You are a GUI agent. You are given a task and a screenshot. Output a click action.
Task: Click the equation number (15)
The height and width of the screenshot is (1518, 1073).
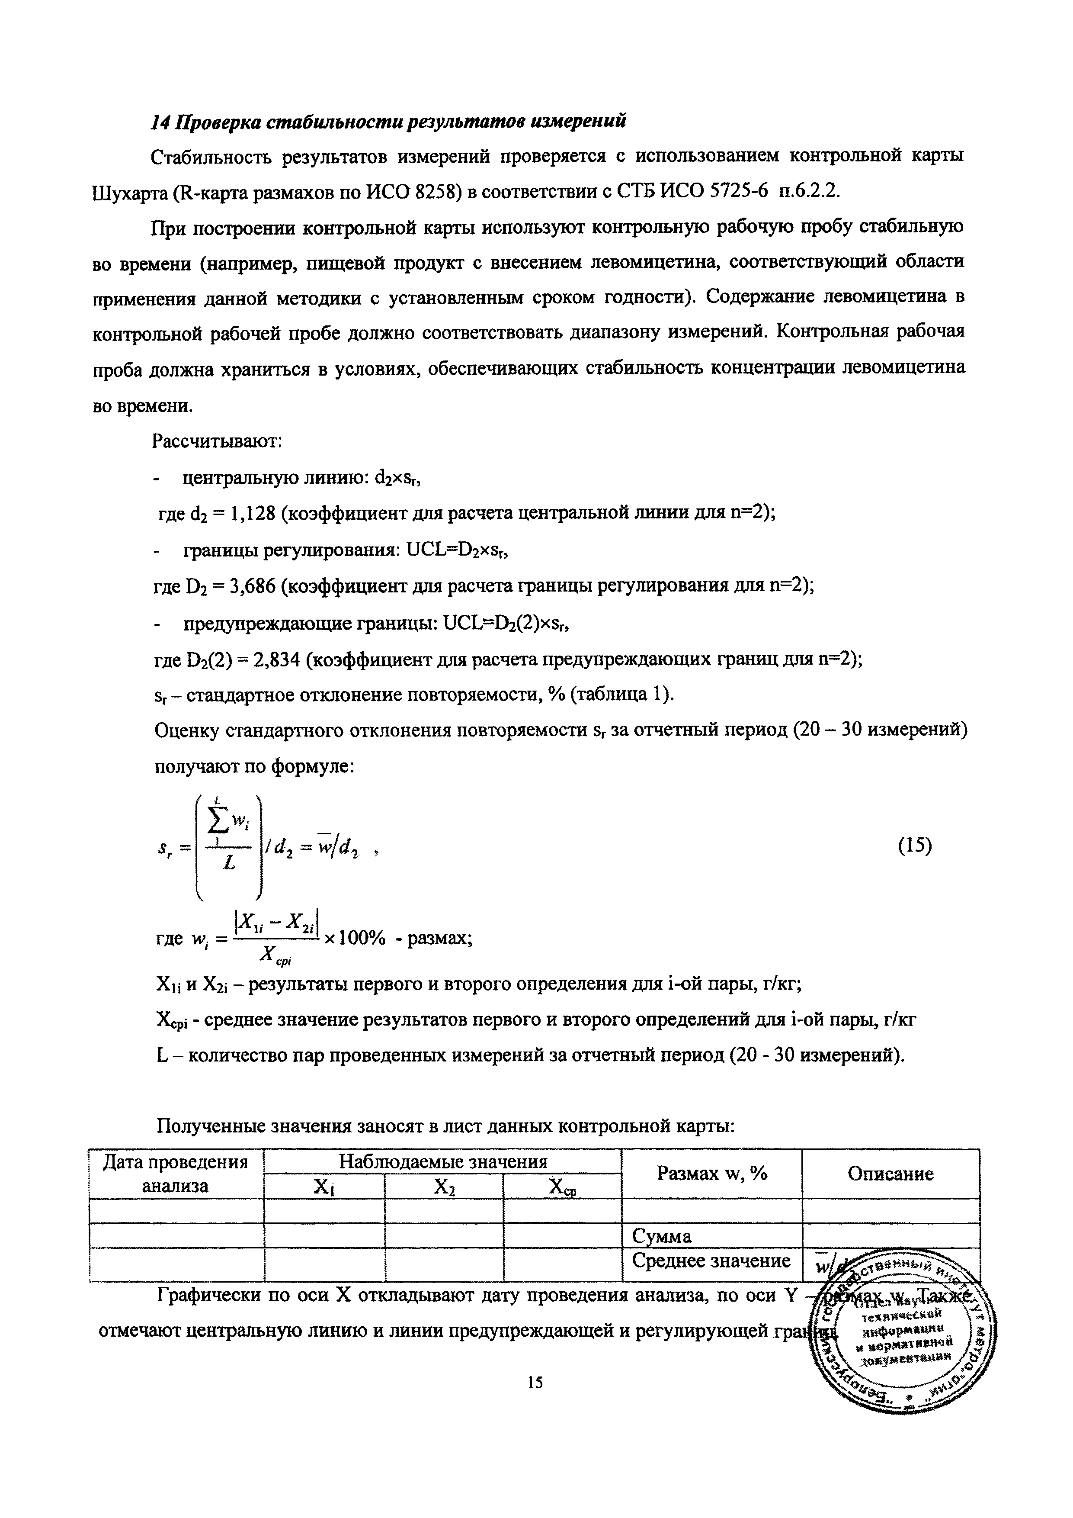[x=914, y=846]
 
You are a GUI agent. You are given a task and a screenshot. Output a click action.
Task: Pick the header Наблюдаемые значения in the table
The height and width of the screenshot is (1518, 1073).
[x=443, y=1161]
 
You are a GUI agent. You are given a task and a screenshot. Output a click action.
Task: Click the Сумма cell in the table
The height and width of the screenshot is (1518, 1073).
[x=662, y=1236]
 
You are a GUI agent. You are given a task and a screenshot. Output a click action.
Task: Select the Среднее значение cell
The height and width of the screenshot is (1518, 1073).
[x=711, y=1261]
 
